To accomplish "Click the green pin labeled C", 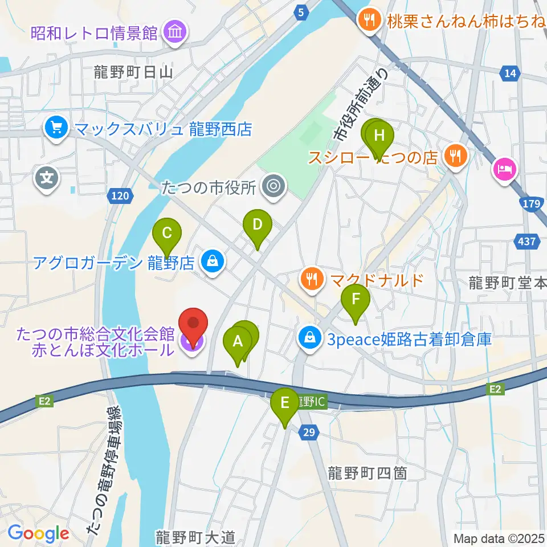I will (x=166, y=233).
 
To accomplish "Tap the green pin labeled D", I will (x=257, y=224).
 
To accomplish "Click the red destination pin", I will (x=193, y=324).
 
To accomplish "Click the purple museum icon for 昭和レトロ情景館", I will (x=174, y=32).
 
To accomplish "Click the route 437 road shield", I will (x=527, y=242).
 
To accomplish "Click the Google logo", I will (x=38, y=533).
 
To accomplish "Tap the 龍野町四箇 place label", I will (x=367, y=472).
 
